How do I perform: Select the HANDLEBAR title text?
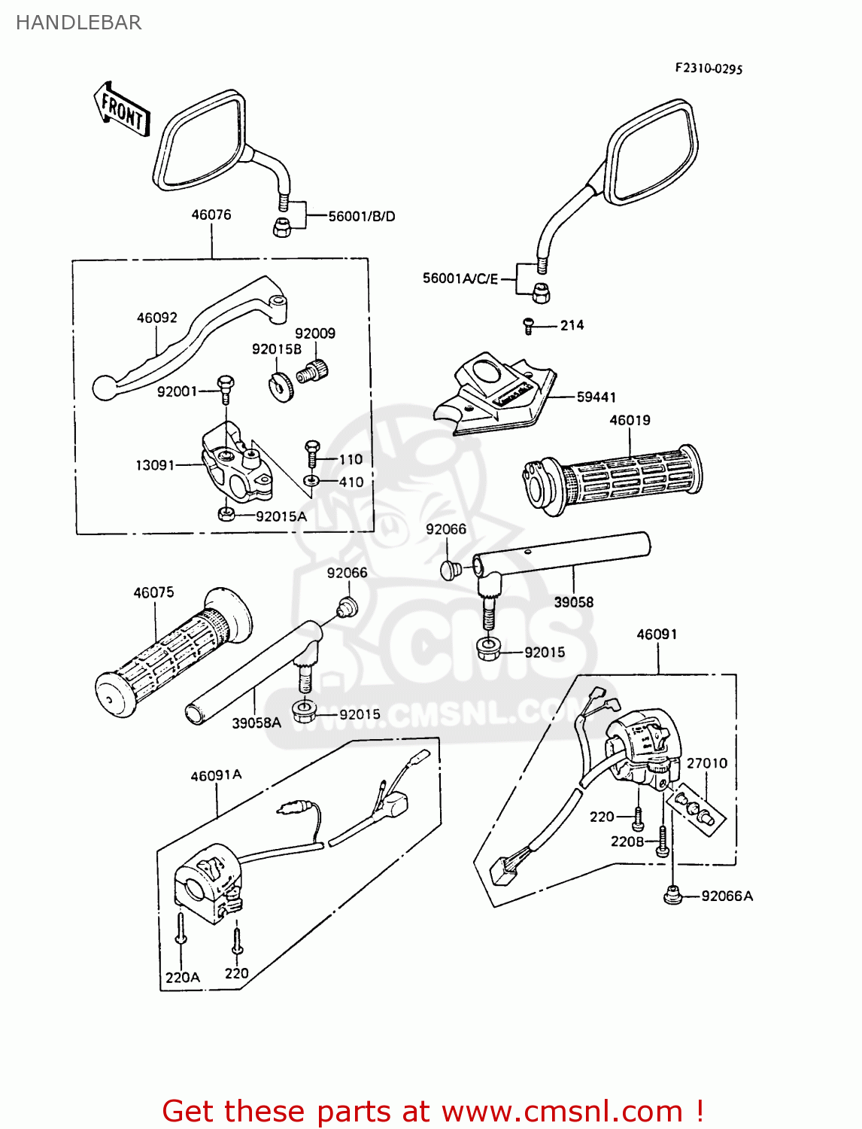[78, 23]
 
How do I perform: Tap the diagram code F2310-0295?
[708, 68]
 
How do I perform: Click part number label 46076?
[211, 215]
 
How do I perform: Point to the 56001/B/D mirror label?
[361, 216]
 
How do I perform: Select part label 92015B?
[276, 349]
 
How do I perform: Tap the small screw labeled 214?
[529, 325]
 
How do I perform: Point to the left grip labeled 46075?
[173, 651]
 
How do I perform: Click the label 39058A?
[256, 723]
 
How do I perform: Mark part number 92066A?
[727, 896]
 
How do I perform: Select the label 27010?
[706, 763]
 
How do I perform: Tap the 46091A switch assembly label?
[216, 775]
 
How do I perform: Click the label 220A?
[182, 977]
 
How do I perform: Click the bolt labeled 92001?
[225, 384]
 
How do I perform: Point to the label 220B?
[627, 841]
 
